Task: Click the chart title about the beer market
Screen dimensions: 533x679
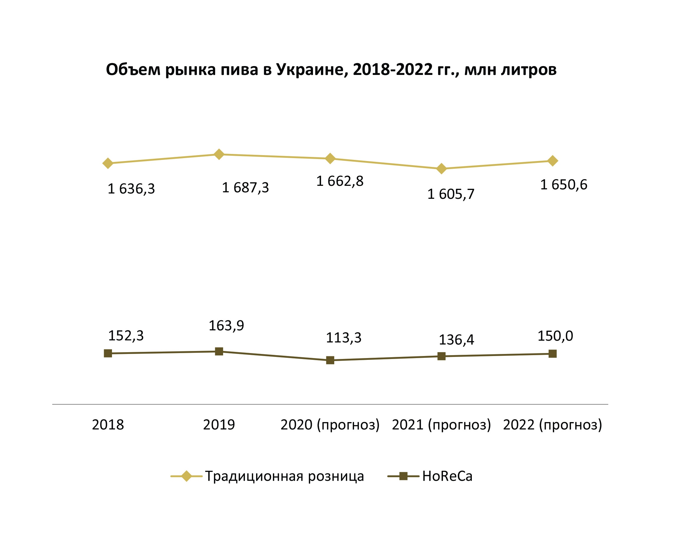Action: pos(331,70)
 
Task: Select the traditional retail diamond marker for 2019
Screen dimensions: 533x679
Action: pos(219,154)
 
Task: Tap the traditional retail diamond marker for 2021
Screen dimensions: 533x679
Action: pos(441,168)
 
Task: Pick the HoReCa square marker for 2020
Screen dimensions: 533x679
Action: pos(330,360)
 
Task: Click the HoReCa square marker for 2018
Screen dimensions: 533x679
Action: pos(108,353)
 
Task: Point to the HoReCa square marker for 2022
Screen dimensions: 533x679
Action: pos(553,354)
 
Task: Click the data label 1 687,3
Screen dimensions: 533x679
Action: pos(245,188)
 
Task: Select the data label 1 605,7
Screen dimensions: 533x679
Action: pos(451,194)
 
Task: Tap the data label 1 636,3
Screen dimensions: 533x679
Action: pos(131,189)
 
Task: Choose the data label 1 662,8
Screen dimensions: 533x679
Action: pos(340,181)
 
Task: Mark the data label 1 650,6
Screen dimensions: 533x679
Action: pos(564,185)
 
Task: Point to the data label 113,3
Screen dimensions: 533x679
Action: pos(344,338)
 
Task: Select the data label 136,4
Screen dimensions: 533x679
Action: pos(456,340)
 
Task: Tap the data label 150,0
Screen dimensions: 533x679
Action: pos(555,336)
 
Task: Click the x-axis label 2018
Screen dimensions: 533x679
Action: pos(108,425)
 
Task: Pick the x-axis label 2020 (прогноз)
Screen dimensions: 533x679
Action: pos(330,425)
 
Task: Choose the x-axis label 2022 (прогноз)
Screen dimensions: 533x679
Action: pos(553,425)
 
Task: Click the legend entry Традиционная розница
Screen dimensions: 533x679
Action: pos(284,476)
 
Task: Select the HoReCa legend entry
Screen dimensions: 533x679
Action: pos(447,476)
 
